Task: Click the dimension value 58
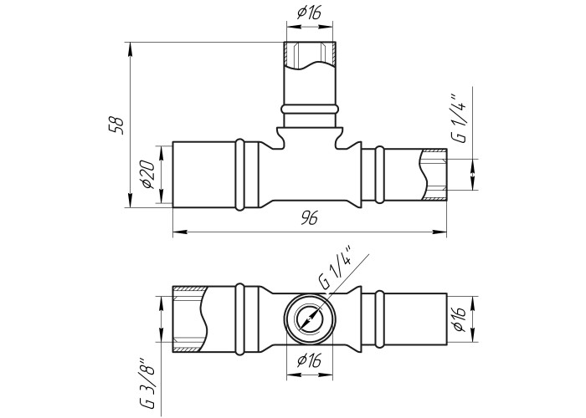(116, 125)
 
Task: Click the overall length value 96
(310, 218)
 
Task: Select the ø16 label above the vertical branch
(309, 13)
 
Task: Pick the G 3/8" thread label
(146, 384)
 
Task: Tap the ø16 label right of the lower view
(459, 319)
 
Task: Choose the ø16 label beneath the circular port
(309, 361)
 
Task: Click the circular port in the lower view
(310, 319)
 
